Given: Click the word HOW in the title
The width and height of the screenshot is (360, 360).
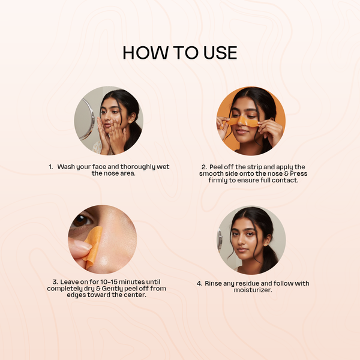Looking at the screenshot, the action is [146, 53].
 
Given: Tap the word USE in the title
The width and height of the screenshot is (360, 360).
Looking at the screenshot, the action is [220, 53].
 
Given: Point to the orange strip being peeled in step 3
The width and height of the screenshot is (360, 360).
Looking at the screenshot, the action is [94, 247].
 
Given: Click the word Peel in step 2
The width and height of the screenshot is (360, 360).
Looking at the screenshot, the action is [216, 167].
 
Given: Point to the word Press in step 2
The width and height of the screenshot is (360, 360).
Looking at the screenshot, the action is [299, 173].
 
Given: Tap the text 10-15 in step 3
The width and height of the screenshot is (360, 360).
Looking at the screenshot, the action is [109, 282].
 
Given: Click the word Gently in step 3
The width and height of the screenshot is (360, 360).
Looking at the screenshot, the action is [112, 289].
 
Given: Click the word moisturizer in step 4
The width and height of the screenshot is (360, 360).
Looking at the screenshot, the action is [253, 290].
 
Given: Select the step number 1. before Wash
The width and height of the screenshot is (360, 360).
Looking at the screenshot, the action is [51, 167].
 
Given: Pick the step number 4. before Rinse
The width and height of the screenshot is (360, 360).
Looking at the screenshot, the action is [200, 284].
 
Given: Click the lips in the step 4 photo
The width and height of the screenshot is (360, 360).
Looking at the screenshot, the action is [242, 250].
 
